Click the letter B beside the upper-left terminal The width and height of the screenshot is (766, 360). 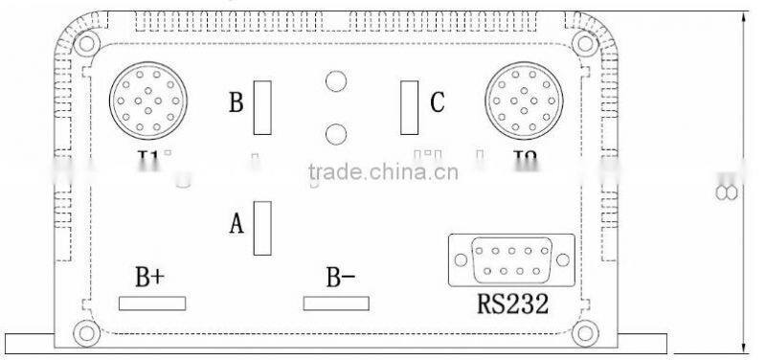tap(236, 102)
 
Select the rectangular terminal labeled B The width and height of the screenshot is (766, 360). tap(262, 107)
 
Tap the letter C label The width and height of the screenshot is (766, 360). tap(437, 101)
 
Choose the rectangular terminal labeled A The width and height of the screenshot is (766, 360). tap(262, 228)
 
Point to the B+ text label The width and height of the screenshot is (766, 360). tap(149, 279)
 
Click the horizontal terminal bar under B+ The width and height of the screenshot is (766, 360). tap(152, 304)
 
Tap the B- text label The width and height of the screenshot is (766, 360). tap(340, 279)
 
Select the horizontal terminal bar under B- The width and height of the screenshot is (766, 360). tap(336, 304)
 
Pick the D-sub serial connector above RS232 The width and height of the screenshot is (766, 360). tap(510, 259)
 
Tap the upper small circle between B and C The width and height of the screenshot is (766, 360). tap(335, 83)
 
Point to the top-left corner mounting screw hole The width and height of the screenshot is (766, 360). tap(86, 44)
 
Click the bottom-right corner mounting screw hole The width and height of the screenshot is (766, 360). tap(584, 333)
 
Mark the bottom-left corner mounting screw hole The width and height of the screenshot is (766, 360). tap(86, 333)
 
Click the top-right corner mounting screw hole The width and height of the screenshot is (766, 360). tap(584, 44)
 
